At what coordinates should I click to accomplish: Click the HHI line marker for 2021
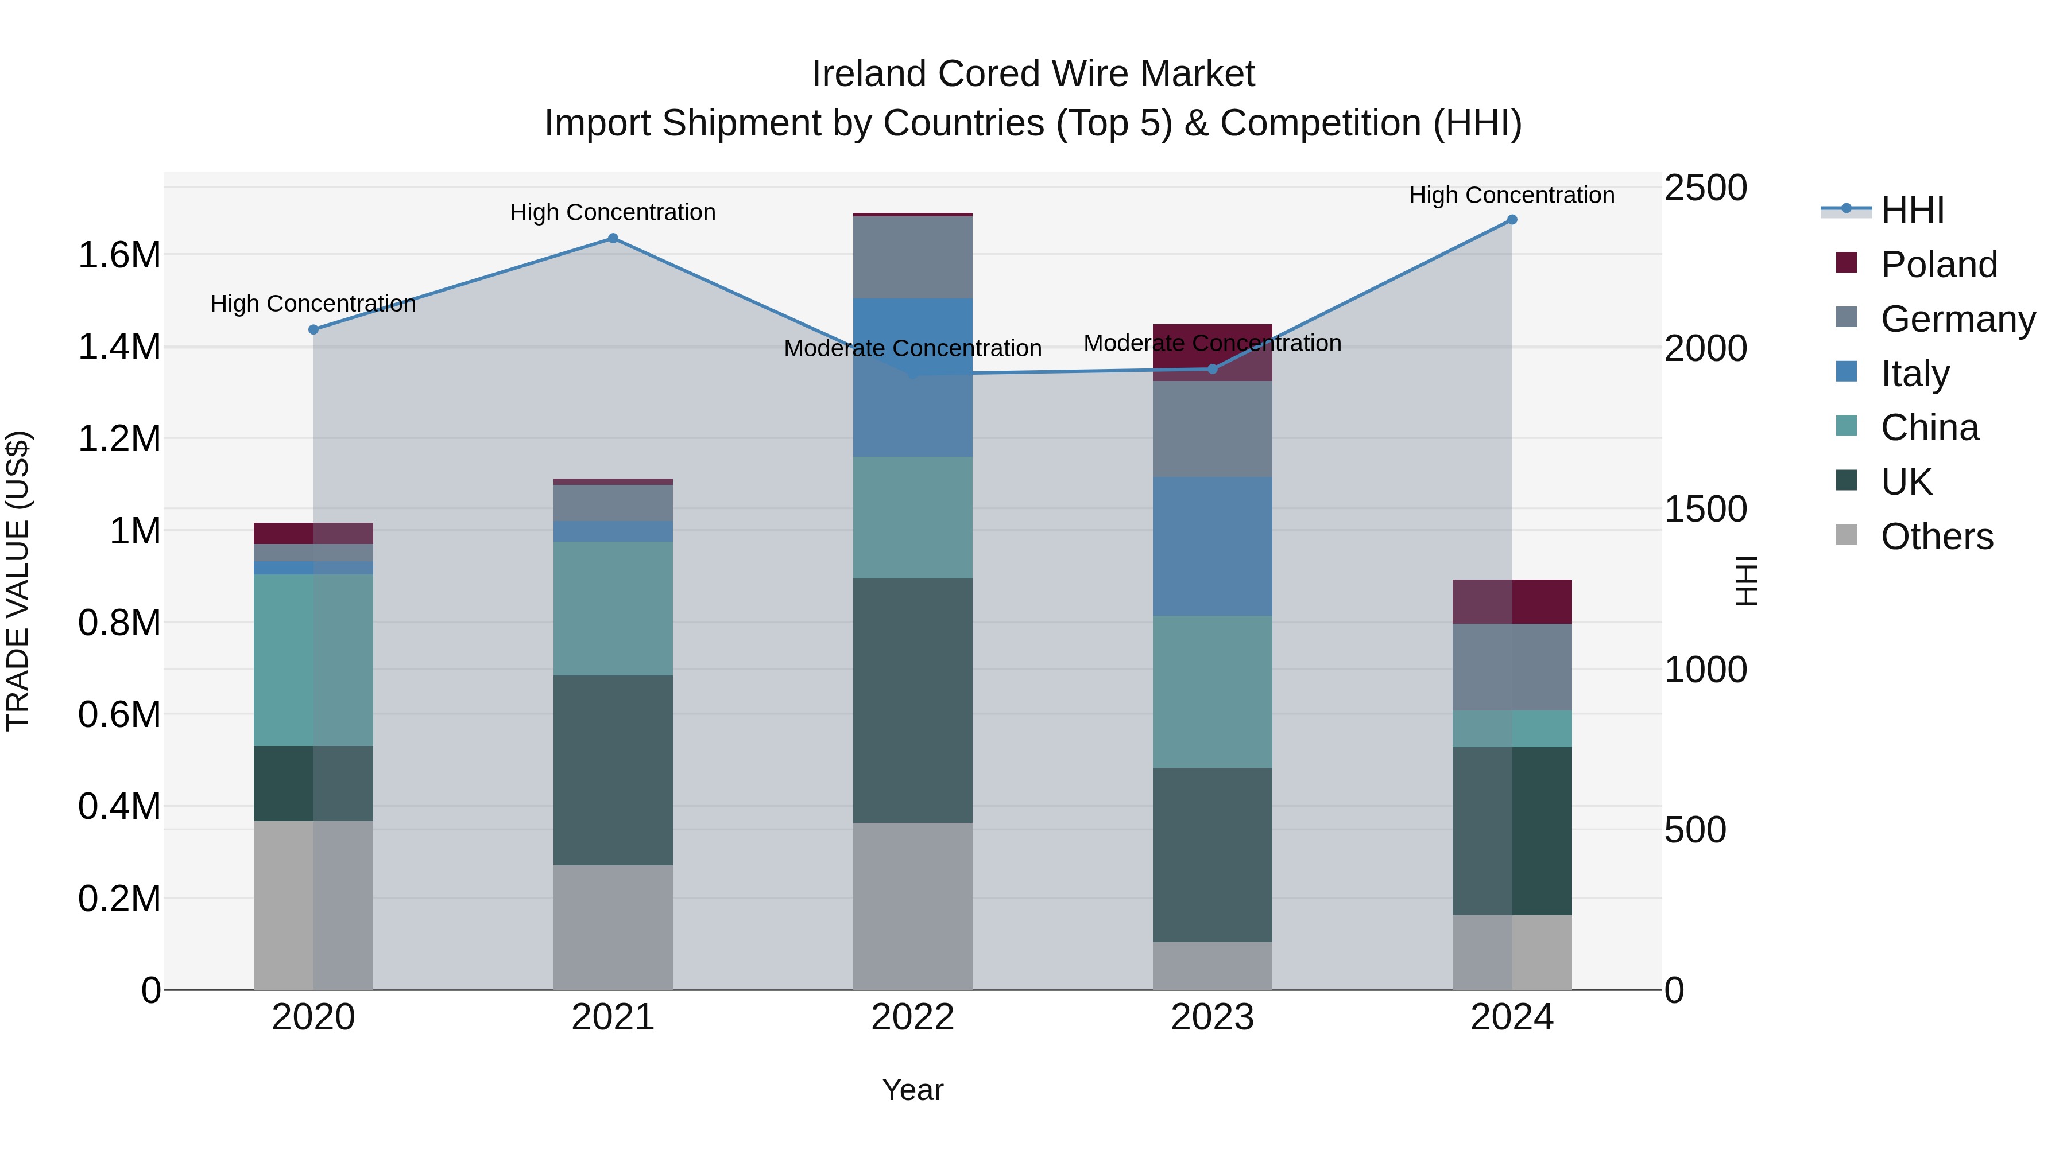click(613, 238)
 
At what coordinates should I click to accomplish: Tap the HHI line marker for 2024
click(1512, 220)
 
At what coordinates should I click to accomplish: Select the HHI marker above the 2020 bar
click(313, 329)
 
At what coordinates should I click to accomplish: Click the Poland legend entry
click(1938, 265)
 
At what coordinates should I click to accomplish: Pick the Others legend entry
click(1936, 537)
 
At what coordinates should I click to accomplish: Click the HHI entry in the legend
click(1911, 210)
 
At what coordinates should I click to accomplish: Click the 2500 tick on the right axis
click(1705, 188)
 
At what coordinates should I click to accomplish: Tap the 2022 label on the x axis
click(912, 1017)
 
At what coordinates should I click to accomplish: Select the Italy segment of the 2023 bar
click(1213, 546)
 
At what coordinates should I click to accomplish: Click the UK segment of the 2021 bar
click(613, 770)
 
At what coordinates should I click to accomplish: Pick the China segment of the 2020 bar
click(313, 660)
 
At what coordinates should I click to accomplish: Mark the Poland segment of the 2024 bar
click(1512, 601)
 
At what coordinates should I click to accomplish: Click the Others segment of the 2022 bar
click(912, 906)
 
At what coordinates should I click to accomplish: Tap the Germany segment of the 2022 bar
click(912, 258)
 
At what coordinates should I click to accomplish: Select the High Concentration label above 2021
click(613, 212)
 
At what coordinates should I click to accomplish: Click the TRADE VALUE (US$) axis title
click(18, 581)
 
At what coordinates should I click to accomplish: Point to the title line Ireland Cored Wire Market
click(1033, 74)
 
